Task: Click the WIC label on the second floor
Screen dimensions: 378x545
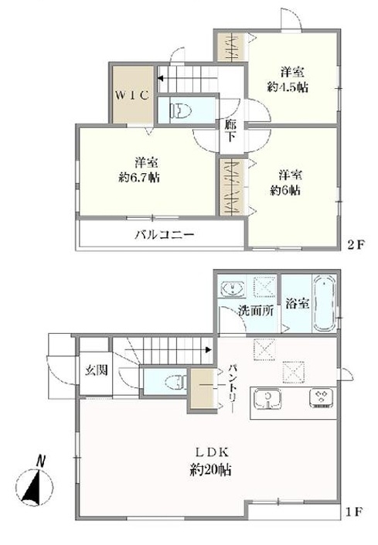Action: click(x=132, y=95)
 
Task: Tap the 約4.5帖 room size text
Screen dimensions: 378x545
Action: click(x=288, y=87)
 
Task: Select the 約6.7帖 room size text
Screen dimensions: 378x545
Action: click(x=139, y=178)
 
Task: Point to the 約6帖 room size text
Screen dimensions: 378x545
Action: click(x=285, y=190)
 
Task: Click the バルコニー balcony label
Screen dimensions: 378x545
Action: click(x=165, y=234)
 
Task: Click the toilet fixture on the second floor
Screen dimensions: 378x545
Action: click(x=181, y=111)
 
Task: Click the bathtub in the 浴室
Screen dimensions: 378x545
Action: click(x=325, y=304)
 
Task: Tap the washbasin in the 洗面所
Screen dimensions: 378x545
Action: click(x=233, y=288)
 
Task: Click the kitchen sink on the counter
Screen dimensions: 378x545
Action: click(x=267, y=399)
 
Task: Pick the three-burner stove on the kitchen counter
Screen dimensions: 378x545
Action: click(x=321, y=398)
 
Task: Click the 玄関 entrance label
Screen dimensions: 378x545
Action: click(x=96, y=370)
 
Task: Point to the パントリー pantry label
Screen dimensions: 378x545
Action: click(x=233, y=388)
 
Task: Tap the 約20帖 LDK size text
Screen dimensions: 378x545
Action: click(x=210, y=470)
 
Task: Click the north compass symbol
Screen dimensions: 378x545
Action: click(x=34, y=483)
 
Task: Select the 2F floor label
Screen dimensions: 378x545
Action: click(x=356, y=245)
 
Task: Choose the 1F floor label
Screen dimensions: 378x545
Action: click(x=354, y=512)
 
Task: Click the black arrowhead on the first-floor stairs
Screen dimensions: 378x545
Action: click(x=209, y=349)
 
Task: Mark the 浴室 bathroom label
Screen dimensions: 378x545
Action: click(x=298, y=304)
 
